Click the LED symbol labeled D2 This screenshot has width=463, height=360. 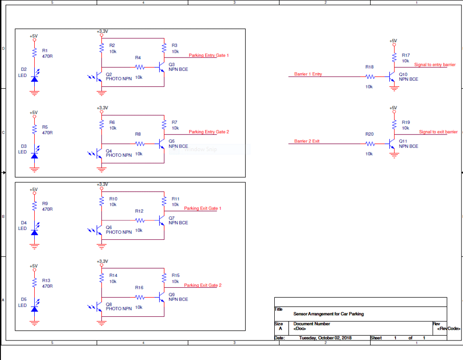click(34, 78)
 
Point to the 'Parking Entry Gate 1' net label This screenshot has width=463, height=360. click(209, 56)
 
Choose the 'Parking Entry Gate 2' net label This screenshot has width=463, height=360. click(209, 132)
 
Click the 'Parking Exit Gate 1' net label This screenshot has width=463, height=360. click(203, 208)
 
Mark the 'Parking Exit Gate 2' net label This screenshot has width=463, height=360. click(203, 285)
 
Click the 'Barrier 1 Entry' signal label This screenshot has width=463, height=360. click(308, 74)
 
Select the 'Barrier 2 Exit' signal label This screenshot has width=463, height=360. click(307, 141)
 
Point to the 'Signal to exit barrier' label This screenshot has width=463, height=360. click(438, 132)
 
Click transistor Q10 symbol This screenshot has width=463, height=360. click(392, 76)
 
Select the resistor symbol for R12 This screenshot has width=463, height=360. click(139, 220)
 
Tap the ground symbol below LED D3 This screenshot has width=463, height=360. click(34, 169)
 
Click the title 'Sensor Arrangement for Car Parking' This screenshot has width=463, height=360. click(328, 314)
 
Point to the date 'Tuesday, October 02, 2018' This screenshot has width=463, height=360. click(325, 338)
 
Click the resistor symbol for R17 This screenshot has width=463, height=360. click(394, 57)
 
